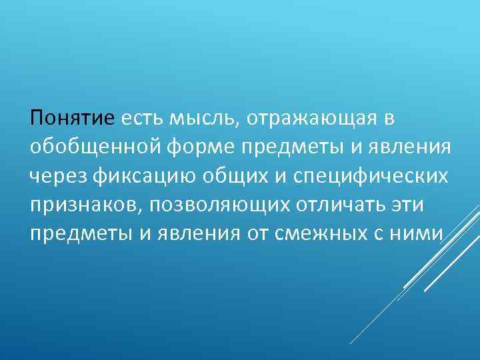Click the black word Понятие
(73, 119)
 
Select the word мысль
(207, 119)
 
